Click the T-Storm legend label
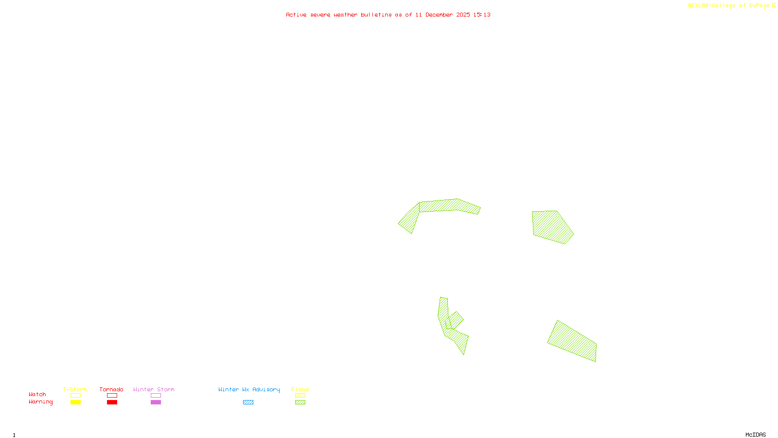tap(75, 389)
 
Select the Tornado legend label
tap(111, 389)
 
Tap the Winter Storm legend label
tap(154, 389)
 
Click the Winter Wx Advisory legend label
tap(249, 389)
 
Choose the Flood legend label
tap(300, 389)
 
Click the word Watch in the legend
tap(37, 394)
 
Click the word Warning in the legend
tap(40, 402)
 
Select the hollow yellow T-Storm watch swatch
tap(75, 396)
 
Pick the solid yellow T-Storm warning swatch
tap(75, 402)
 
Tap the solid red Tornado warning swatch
tap(112, 402)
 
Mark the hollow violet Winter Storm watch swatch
tap(156, 396)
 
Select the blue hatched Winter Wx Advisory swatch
tap(248, 402)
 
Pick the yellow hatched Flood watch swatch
tap(301, 396)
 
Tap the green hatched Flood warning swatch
tap(301, 402)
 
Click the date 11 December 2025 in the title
tap(442, 15)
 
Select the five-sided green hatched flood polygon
tap(552, 226)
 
